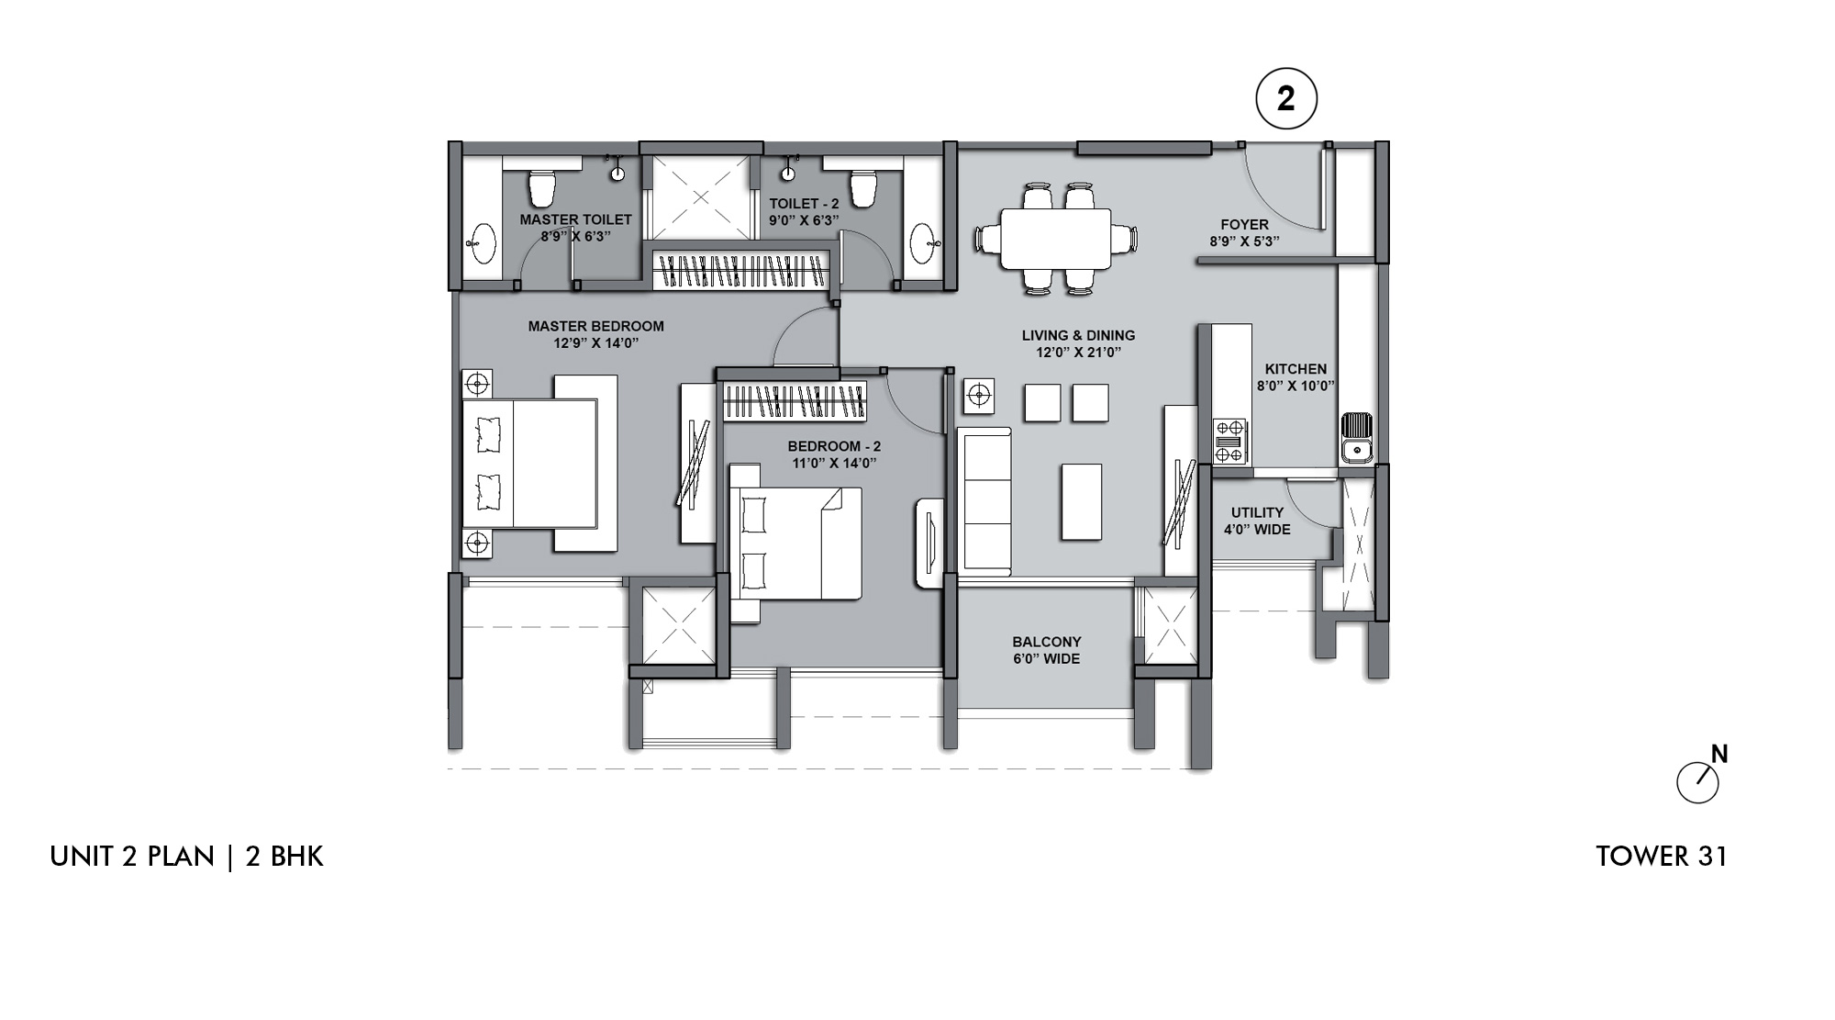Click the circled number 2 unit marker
[1285, 99]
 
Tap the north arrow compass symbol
[1700, 778]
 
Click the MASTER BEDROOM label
[595, 326]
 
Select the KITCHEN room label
[1296, 369]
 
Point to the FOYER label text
[1244, 225]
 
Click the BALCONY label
[1047, 642]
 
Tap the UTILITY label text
[1257, 512]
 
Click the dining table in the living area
[1056, 239]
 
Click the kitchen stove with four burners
[1230, 442]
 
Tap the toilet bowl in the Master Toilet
[542, 188]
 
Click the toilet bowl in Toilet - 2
[863, 188]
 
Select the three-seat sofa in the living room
[984, 501]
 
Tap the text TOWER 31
[1662, 857]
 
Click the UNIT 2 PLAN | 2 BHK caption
[187, 857]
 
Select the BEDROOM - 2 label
[834, 447]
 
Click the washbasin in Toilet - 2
[923, 245]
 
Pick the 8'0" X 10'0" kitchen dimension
[1296, 387]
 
